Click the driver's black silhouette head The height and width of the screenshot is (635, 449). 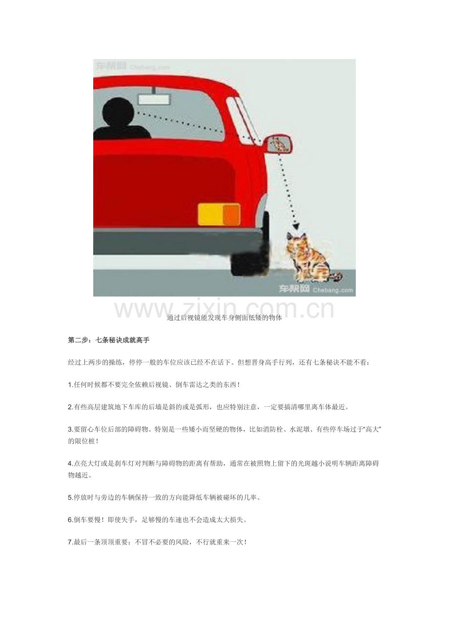tap(118, 111)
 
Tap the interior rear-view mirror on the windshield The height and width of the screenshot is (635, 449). tap(155, 99)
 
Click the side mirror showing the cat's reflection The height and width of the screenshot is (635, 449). tap(279, 144)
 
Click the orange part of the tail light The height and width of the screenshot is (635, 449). tap(231, 214)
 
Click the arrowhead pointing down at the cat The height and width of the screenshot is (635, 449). tap(296, 226)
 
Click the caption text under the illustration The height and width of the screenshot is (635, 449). tap(224, 318)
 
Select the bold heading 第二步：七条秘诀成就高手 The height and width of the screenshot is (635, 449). tap(108, 340)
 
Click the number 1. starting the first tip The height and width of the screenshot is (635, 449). tap(71, 385)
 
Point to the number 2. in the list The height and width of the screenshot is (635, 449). tap(71, 407)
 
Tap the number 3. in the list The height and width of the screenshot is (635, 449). tap(71, 430)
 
